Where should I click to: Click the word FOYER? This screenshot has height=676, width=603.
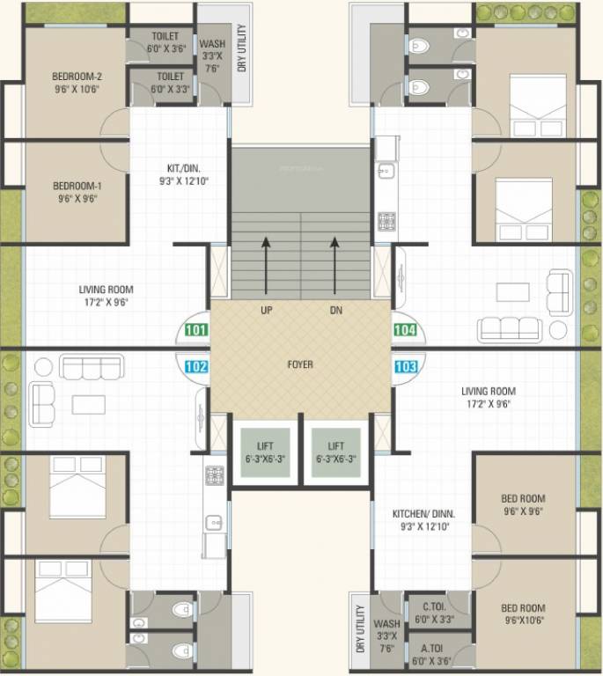(x=299, y=364)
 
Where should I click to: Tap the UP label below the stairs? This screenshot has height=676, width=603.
(x=266, y=311)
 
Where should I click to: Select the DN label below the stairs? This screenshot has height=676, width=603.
(x=335, y=311)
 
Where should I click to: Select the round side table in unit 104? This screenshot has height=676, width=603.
(x=558, y=328)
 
